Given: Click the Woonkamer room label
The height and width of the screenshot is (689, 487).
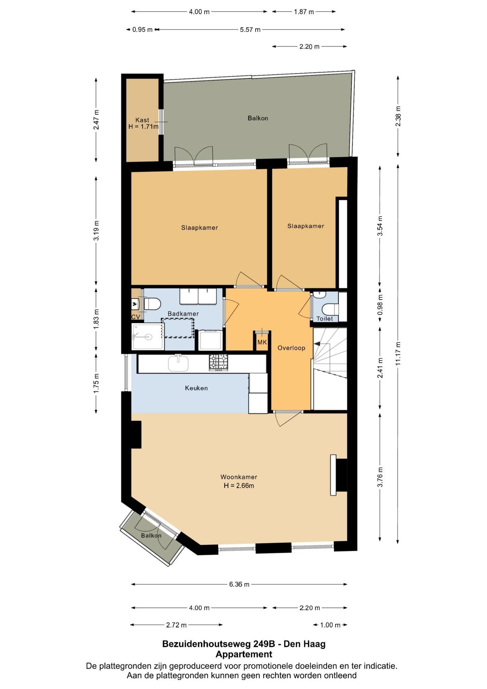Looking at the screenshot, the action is tap(239, 477).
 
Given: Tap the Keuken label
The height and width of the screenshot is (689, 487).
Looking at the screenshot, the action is tap(196, 388).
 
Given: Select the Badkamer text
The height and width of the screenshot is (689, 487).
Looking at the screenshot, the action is tap(183, 314).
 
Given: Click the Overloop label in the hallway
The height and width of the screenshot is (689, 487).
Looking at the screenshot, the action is tap(291, 348).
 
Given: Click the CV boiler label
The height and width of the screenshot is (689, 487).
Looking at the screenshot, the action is tap(136, 317).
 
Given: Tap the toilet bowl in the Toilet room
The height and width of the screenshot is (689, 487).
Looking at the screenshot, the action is tap(330, 309).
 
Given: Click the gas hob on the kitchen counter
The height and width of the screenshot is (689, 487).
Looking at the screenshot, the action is tap(219, 363).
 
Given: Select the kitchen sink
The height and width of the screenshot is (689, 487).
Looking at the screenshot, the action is tap(178, 363).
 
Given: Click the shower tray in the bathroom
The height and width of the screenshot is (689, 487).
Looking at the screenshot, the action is tap(148, 337).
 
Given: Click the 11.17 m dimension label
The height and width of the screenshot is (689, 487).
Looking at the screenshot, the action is tap(398, 354).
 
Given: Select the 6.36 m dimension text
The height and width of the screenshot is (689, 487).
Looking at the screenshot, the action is tap(239, 584).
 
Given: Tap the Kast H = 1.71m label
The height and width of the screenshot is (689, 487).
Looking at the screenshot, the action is tap(143, 123).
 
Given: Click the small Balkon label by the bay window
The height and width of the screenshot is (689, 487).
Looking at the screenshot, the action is tap(151, 536).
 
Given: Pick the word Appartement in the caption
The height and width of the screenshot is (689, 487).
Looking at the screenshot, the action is tap(244, 654).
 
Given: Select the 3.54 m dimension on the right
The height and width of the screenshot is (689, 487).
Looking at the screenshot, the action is tap(380, 226).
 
